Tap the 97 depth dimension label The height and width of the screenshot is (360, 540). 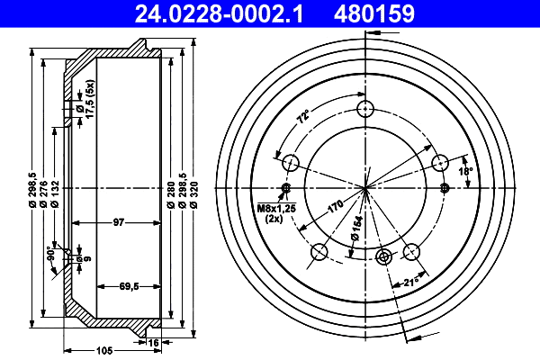[x=118, y=222]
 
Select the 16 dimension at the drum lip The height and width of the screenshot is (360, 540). [x=154, y=342]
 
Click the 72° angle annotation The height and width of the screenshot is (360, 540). [x=303, y=116]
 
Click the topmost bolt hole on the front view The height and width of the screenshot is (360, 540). [x=364, y=110]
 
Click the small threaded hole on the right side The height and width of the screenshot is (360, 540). [x=445, y=188]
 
